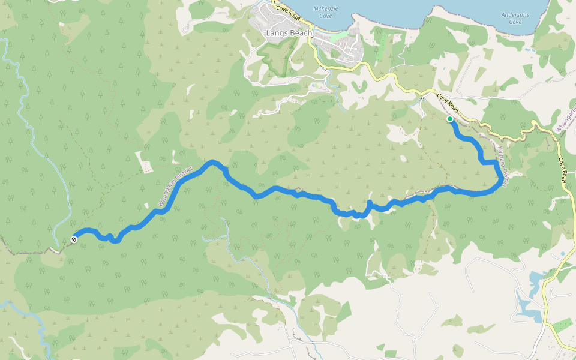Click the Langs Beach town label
tap(289, 34)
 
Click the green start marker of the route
tap(450, 119)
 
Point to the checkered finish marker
tap(74, 239)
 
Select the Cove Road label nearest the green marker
tap(448, 103)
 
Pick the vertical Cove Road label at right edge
tap(563, 170)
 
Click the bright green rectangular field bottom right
tap(562, 326)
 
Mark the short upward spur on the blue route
tap(369, 205)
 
